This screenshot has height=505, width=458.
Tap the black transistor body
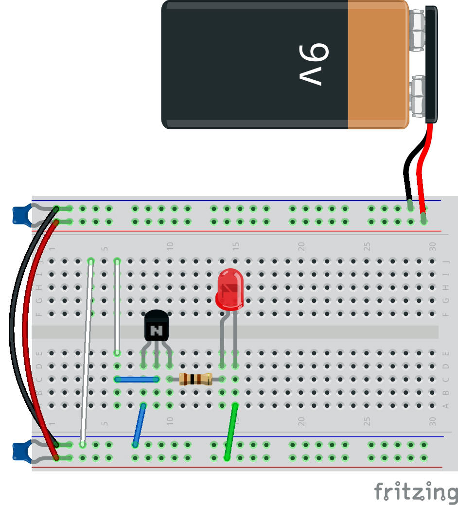point(156,327)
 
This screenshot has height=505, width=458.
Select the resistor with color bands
point(195,379)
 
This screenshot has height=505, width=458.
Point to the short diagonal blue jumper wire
point(140,424)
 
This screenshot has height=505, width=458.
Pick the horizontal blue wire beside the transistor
point(137,379)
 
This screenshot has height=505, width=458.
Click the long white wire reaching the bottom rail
point(87,355)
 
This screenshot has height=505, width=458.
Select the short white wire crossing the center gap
point(117,306)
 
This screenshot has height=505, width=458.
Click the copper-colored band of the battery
point(378,65)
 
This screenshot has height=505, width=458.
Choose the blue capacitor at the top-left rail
point(20,215)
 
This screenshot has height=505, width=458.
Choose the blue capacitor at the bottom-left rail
point(20,450)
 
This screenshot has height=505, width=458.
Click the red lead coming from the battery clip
point(421,165)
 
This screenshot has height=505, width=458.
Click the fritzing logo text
point(416,492)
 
